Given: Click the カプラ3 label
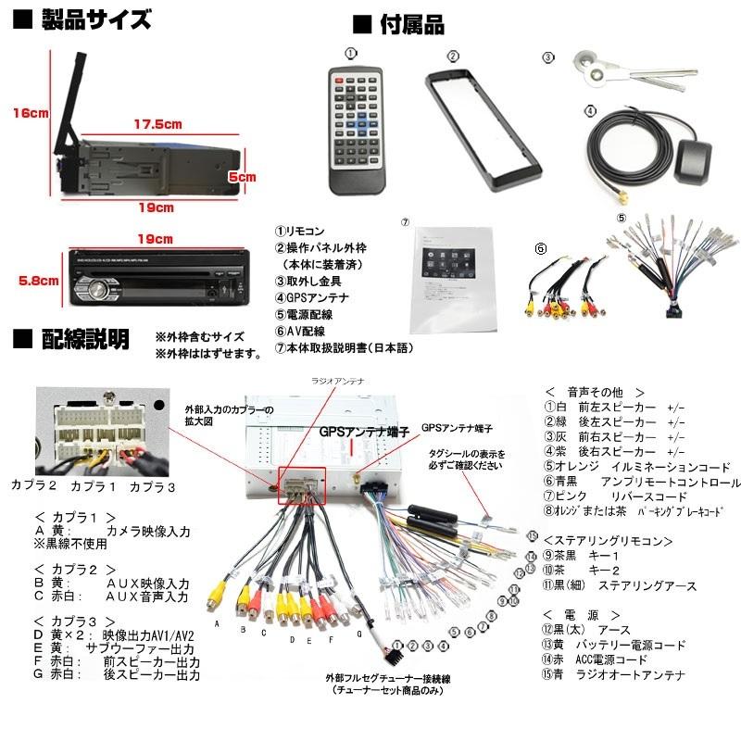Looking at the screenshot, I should (152, 484).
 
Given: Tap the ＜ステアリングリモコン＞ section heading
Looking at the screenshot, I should (608, 540).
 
